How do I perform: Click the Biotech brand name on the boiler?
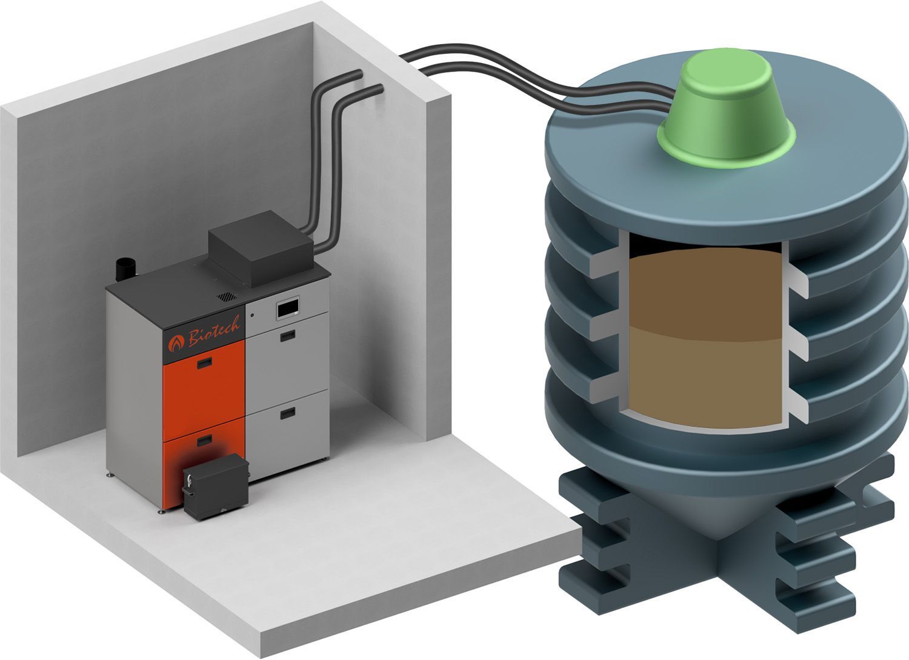tap(214, 332)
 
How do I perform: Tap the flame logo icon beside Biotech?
tap(176, 344)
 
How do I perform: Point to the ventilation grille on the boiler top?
tap(227, 297)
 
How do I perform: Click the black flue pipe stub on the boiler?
tap(126, 270)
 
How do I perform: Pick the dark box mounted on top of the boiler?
tap(261, 248)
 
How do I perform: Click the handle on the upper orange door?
tap(205, 362)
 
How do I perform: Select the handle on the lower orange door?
tap(205, 441)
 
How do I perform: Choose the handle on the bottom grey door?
tap(288, 413)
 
